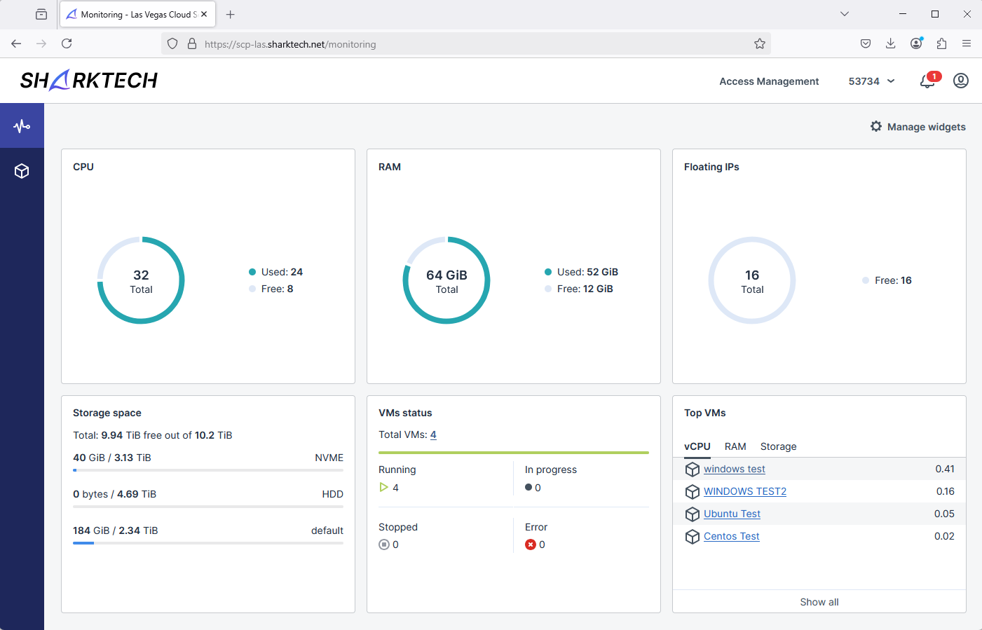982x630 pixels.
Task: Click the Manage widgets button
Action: point(918,127)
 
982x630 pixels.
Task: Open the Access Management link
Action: point(769,81)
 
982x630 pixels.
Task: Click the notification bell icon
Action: point(927,81)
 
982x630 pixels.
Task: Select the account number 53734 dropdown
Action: point(871,81)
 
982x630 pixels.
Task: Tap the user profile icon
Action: point(961,81)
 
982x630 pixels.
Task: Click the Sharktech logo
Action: point(89,81)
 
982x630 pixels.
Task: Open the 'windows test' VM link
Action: point(734,469)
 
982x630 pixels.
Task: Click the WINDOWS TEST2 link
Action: point(744,491)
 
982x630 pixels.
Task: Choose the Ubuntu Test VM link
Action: point(732,514)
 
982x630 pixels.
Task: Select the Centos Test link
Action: point(731,536)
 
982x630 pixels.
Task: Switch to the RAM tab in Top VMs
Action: point(735,446)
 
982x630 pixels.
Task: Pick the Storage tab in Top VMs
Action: point(778,446)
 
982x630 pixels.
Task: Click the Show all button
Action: point(819,602)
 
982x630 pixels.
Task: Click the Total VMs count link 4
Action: point(433,434)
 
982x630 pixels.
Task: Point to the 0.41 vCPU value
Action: point(944,469)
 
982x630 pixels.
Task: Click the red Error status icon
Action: point(531,545)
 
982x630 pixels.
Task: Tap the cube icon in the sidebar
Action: point(22,171)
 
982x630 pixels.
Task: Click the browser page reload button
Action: point(67,43)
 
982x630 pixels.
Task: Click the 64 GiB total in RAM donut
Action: point(446,275)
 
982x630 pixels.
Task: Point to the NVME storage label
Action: point(329,458)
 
